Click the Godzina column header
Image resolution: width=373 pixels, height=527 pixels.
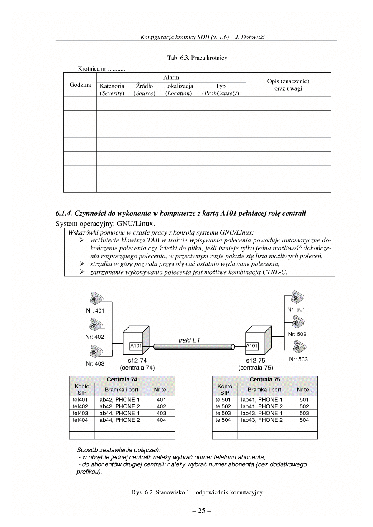coord(80,85)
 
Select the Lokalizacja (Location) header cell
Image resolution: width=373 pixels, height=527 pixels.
coord(178,90)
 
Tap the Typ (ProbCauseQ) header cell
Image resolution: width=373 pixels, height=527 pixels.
coord(220,90)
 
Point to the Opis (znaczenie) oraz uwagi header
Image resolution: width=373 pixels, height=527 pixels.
coord(288,85)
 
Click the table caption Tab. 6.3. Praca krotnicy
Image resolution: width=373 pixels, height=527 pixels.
coord(197,58)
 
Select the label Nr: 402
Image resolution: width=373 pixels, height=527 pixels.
coord(95,337)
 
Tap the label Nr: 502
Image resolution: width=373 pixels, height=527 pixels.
coord(297,334)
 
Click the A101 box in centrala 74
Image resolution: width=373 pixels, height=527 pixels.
coord(136,345)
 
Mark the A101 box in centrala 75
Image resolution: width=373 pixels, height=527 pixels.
coord(252,345)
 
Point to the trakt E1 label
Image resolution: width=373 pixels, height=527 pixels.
coord(189,340)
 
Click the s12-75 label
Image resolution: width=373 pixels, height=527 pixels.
coord(256,361)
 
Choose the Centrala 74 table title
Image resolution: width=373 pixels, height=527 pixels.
coord(122,380)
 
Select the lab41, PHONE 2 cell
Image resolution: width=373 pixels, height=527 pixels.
coord(262,406)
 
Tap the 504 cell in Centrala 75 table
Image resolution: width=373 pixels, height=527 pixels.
coord(304,420)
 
